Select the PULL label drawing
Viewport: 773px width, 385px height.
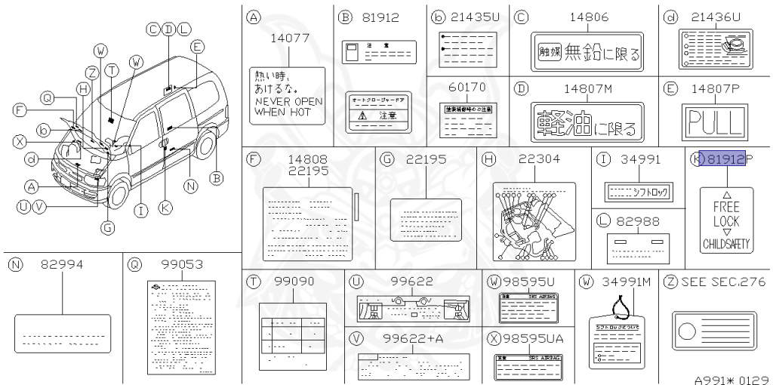click(713, 121)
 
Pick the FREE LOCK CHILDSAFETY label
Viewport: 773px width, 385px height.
click(726, 220)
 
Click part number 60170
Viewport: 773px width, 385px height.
click(467, 87)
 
